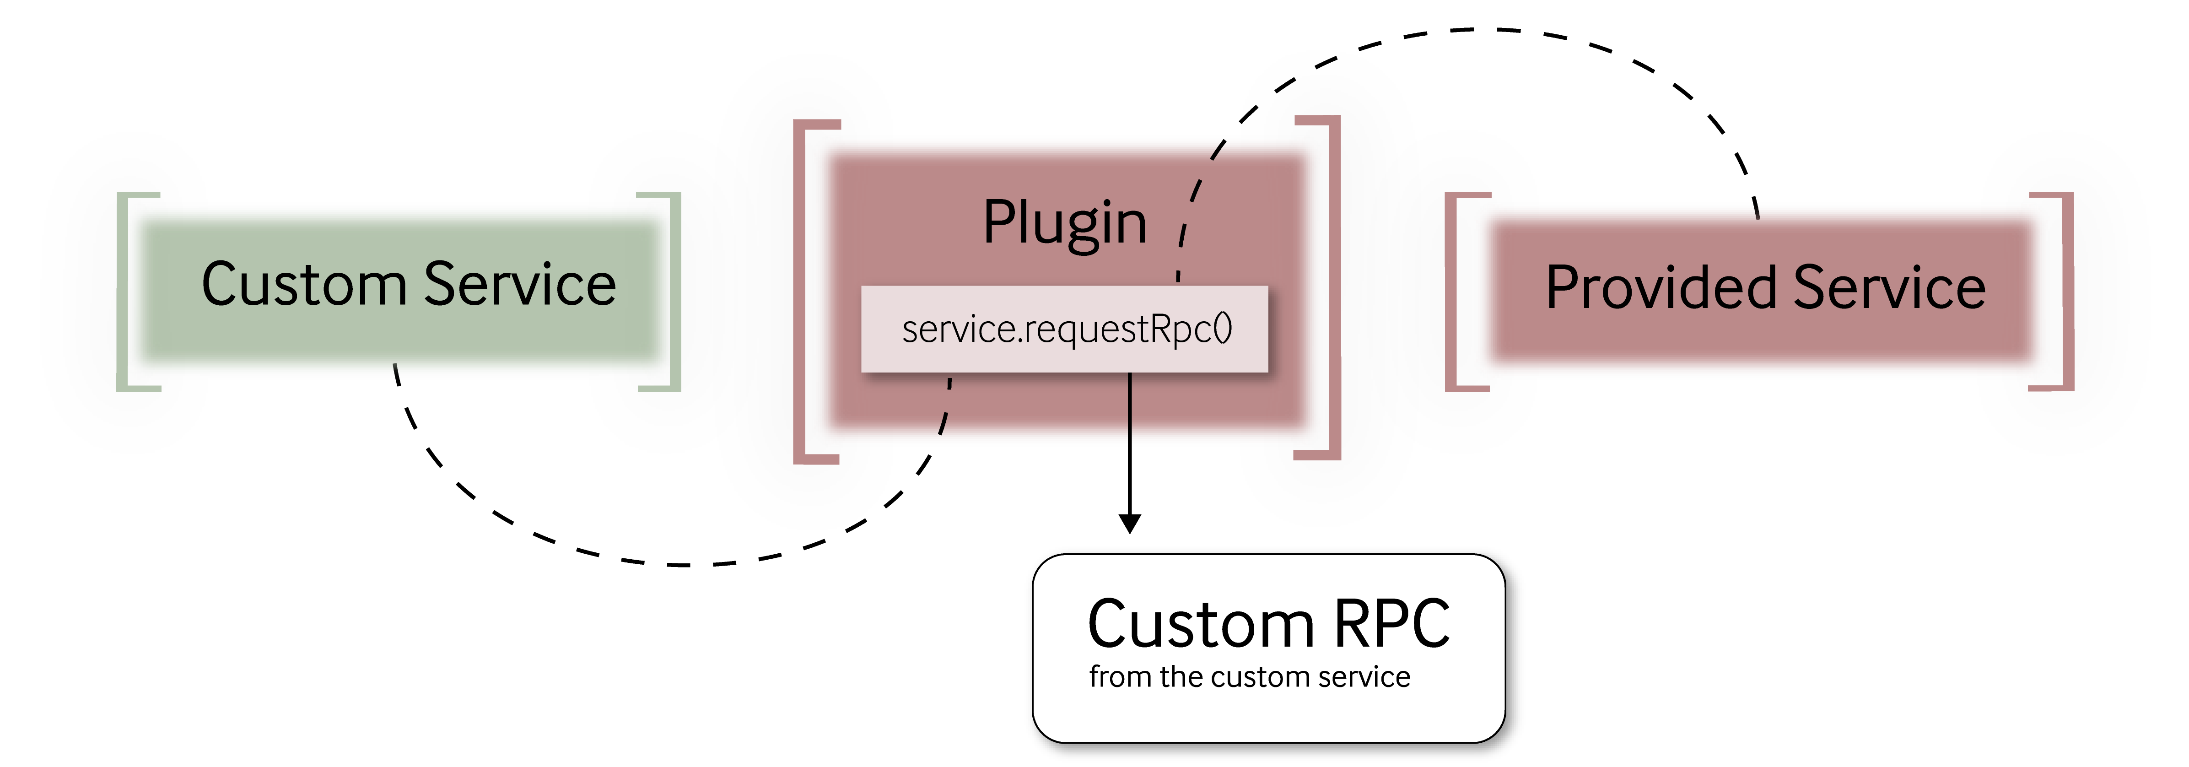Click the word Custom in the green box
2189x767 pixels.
click(x=303, y=284)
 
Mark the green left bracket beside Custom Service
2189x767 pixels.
click(x=122, y=292)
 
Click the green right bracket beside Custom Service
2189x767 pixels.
click(x=675, y=292)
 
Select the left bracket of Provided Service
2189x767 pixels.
click(x=1450, y=292)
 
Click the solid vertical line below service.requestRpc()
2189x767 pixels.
click(x=1129, y=408)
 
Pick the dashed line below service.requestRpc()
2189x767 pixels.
click(x=946, y=408)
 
